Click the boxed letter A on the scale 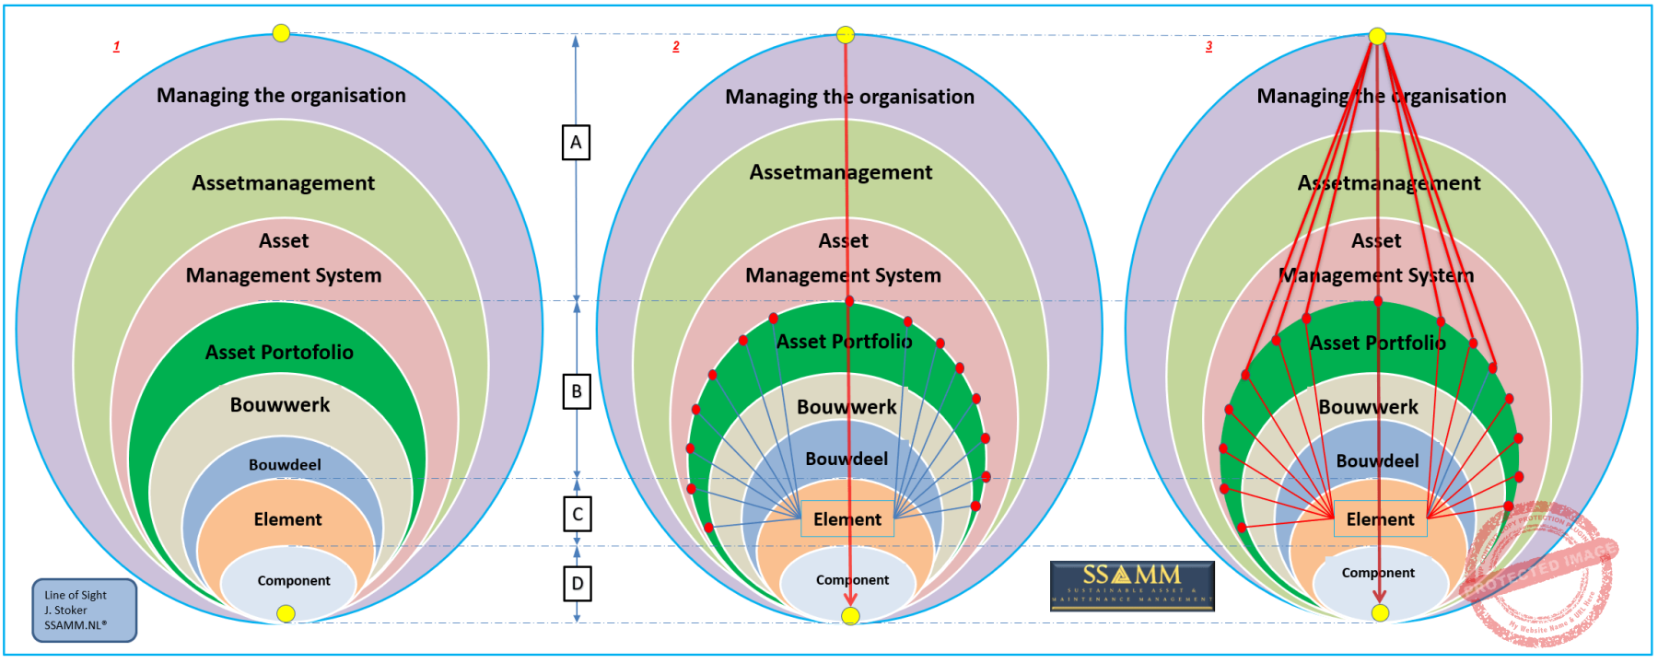coord(576,143)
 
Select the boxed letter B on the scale coord(577,391)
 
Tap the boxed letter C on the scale coord(578,514)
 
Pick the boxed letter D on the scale coord(578,583)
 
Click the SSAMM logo coord(1132,586)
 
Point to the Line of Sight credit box coord(85,610)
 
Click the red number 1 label coord(116,46)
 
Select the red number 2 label coord(676,46)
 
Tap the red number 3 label coord(1209,46)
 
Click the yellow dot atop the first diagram coord(281,33)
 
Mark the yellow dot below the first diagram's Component coord(286,613)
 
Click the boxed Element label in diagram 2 coord(847,519)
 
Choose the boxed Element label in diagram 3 coord(1380,519)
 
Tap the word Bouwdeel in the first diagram coord(285,465)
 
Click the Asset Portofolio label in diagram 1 coord(279,352)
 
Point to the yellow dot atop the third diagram coord(1377,36)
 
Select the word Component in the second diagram coord(852,580)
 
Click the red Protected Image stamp coord(1537,571)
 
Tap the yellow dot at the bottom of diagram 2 coord(850,615)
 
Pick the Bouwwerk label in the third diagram coord(1368,407)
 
